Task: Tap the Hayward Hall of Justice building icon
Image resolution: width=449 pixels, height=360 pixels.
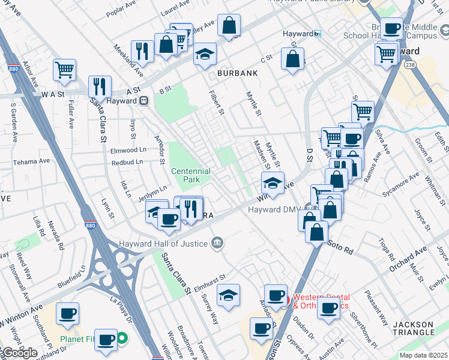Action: coord(218,243)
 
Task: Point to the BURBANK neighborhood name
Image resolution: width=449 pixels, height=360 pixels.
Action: coord(238,73)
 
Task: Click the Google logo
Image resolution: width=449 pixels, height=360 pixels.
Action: coord(19,353)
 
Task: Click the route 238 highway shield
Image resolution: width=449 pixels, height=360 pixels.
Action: coord(410,65)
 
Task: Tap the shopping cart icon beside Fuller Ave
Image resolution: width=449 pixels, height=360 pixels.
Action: coord(64,68)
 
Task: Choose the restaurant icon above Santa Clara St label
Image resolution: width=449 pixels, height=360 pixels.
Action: coord(100,85)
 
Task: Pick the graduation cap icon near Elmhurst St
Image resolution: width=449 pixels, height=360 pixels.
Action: coord(228,295)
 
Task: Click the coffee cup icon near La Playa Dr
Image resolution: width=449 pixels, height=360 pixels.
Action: coord(67,313)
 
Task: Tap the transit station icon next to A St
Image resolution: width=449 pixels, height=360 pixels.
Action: coord(144,101)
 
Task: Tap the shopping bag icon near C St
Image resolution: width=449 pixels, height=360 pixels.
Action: coord(292,59)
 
